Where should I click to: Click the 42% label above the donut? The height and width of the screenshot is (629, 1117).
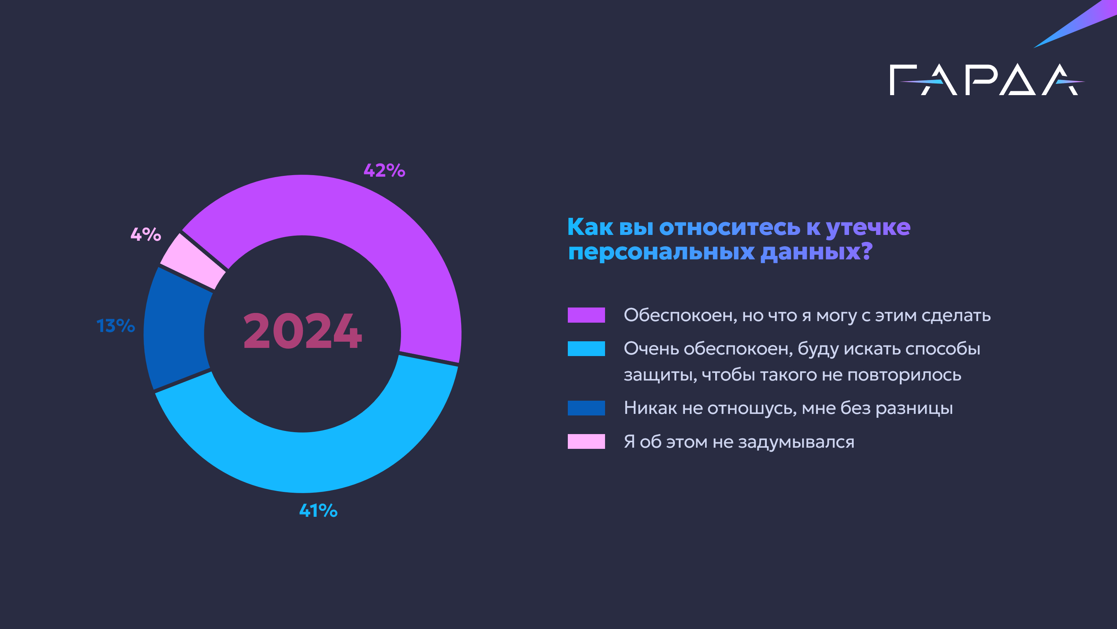pos(384,170)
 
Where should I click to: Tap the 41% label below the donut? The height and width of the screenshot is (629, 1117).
pos(318,511)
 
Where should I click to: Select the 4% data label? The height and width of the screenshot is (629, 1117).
pos(146,235)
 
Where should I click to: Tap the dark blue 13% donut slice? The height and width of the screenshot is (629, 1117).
pos(176,330)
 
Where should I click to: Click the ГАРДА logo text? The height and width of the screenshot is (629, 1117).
pos(984,80)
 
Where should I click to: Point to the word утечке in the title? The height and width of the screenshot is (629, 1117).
pos(868,228)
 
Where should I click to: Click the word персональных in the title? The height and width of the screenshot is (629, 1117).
pos(661,251)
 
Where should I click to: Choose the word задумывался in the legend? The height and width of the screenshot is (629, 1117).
pos(796,442)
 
